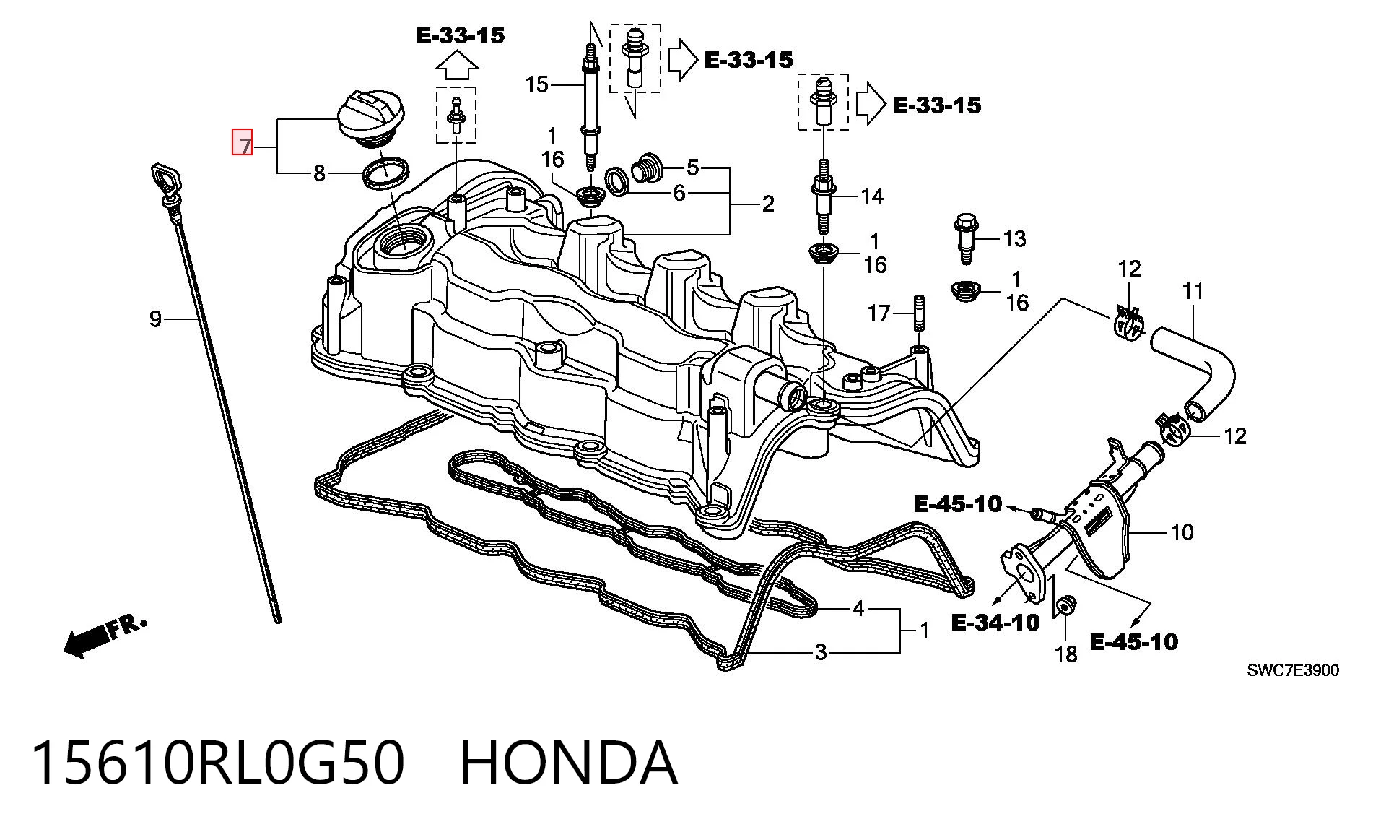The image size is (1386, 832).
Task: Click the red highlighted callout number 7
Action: coord(242,142)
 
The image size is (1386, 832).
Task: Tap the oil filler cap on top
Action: coord(371,120)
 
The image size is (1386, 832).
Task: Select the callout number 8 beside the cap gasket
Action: coord(319,173)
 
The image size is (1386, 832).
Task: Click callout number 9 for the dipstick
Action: coord(155,318)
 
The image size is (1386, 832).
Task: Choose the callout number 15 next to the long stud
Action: coord(537,84)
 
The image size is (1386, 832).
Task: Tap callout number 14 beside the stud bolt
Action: coord(872,196)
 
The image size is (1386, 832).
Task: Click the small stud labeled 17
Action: coord(920,312)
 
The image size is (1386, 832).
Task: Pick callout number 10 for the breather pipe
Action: coord(1182,532)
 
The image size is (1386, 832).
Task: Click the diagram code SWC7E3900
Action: coord(1293,671)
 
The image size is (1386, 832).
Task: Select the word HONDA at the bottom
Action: coord(569,763)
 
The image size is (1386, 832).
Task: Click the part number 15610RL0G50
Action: coord(217,763)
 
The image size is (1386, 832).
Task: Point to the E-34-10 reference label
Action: coord(995,622)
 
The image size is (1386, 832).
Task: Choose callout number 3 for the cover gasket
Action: coord(820,652)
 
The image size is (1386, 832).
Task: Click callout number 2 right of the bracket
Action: coord(768,204)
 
